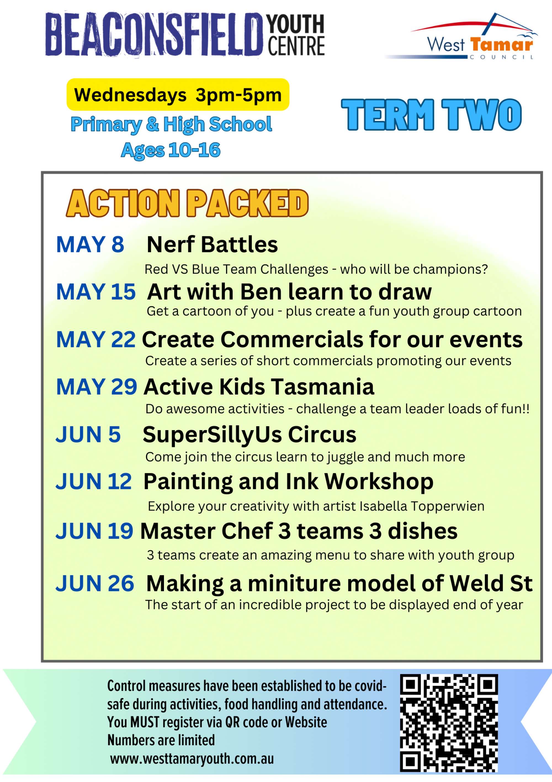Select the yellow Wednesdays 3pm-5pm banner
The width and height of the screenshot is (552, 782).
click(x=178, y=95)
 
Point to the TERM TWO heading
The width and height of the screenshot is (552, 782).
click(x=431, y=115)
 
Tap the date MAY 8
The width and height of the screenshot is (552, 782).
click(x=90, y=245)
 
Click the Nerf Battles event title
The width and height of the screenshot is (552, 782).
click(x=212, y=245)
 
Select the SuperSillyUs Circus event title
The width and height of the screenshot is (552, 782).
click(x=249, y=435)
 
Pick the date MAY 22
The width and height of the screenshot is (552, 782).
click(x=96, y=339)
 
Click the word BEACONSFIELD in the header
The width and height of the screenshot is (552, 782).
click(x=154, y=34)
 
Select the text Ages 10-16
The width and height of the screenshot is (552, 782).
click(x=171, y=150)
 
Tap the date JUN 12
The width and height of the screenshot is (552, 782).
click(x=94, y=482)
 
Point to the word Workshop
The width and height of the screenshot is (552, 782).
click(x=379, y=482)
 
